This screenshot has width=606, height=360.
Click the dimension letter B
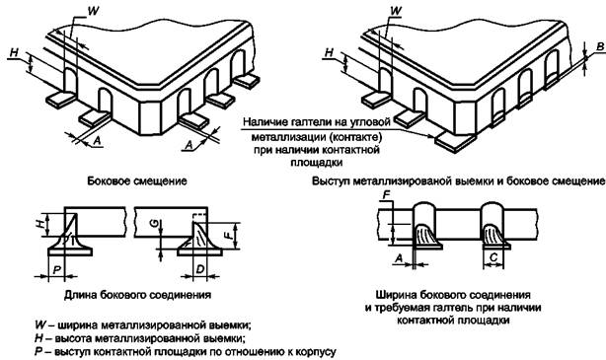tap(600, 47)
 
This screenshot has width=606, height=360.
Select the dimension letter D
tap(199, 268)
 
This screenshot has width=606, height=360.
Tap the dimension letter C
tap(493, 256)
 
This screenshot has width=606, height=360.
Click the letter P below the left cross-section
tap(56, 269)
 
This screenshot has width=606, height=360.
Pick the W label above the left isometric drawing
tap(93, 11)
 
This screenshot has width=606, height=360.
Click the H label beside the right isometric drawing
tap(329, 52)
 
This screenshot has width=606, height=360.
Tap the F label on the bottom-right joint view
tap(386, 195)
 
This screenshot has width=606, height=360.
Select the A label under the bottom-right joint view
tap(400, 257)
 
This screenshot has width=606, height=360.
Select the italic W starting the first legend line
tap(40, 324)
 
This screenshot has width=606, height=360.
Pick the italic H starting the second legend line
tap(38, 338)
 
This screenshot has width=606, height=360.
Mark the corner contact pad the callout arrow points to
tap(454, 141)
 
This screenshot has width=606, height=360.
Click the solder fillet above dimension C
tap(495, 236)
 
